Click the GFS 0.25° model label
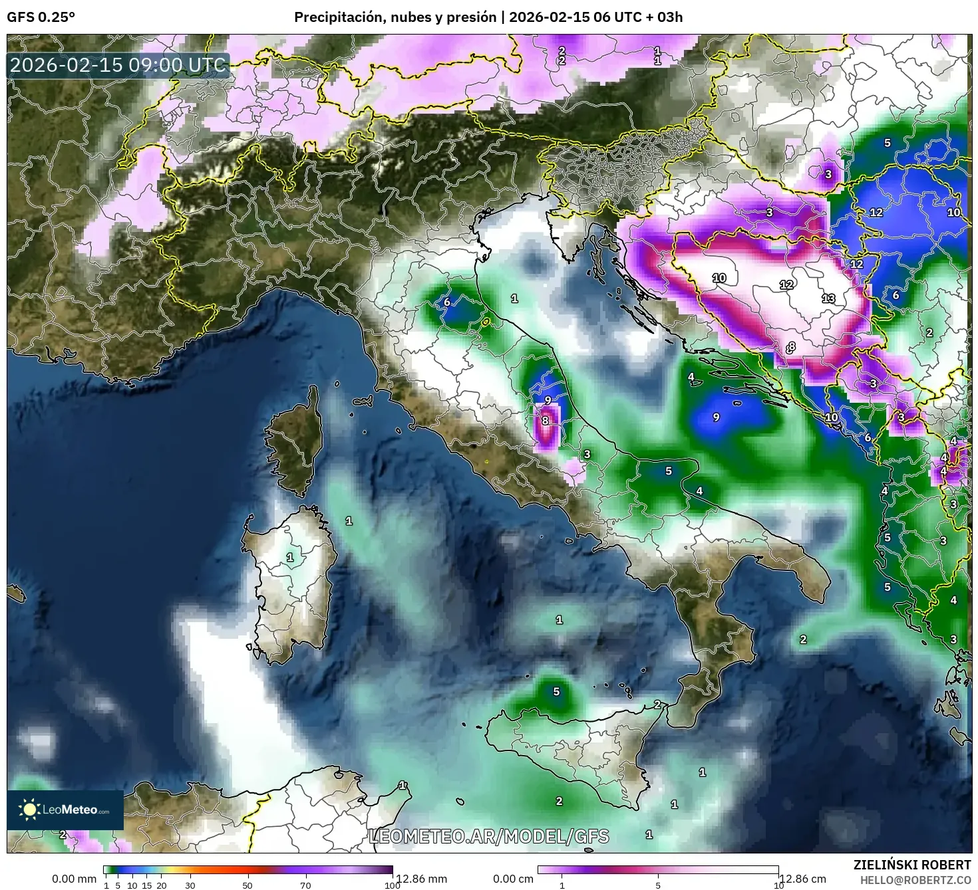tap(41, 17)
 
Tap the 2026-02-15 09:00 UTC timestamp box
tap(118, 65)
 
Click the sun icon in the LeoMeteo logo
tap(29, 810)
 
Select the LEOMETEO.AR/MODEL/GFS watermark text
tap(488, 836)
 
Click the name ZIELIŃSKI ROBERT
tap(911, 865)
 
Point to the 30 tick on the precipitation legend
tap(190, 885)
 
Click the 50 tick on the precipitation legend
tap(247, 885)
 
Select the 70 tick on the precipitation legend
tap(305, 885)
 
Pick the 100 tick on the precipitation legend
tap(392, 885)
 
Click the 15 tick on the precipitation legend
tap(147, 885)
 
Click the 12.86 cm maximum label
tap(802, 879)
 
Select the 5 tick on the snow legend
tap(658, 885)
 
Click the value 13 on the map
tap(828, 298)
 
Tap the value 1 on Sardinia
tap(289, 557)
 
